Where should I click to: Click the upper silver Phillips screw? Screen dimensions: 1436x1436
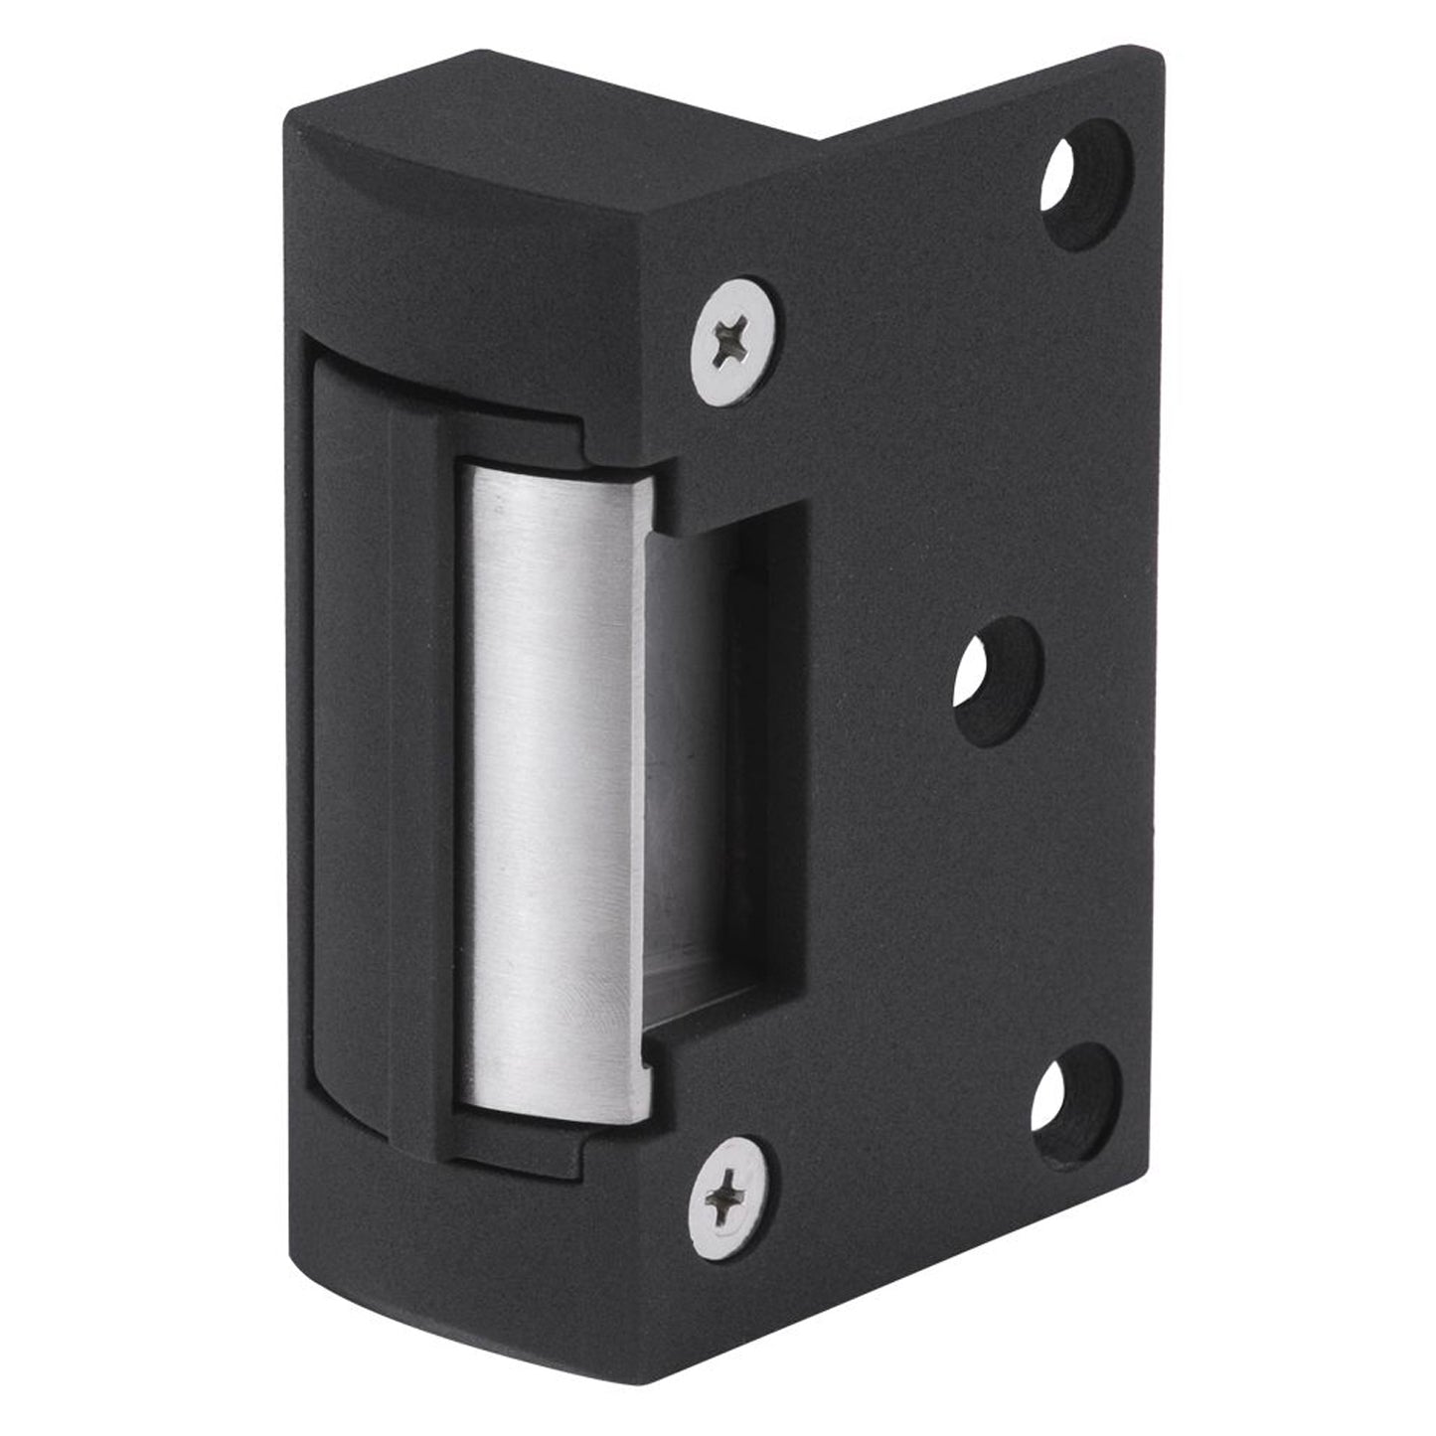(734, 341)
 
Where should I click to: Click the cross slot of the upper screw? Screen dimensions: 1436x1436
(734, 341)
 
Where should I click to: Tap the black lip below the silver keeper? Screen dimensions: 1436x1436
(517, 1143)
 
